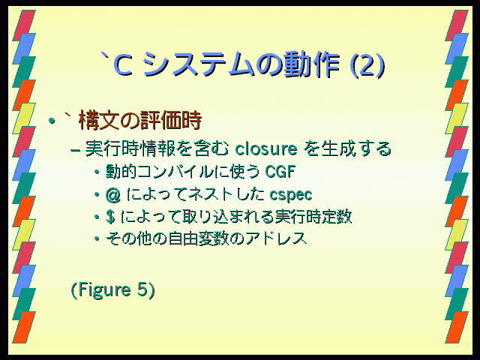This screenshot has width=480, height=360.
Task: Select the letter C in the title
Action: (x=123, y=65)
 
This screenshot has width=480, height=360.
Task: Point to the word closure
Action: (x=266, y=149)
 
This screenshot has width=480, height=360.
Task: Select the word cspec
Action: (x=291, y=195)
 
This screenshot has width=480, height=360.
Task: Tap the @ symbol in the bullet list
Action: (x=113, y=195)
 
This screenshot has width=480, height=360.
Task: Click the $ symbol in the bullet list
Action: (x=110, y=217)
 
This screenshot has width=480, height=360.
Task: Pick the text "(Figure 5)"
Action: (x=113, y=289)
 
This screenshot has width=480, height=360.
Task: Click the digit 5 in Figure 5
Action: (x=142, y=289)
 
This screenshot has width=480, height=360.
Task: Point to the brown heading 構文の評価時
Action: (x=140, y=121)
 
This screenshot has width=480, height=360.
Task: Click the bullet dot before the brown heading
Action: (x=52, y=121)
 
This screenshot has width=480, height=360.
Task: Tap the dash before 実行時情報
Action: (x=75, y=150)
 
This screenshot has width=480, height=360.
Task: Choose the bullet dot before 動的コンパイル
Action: (x=97, y=172)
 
